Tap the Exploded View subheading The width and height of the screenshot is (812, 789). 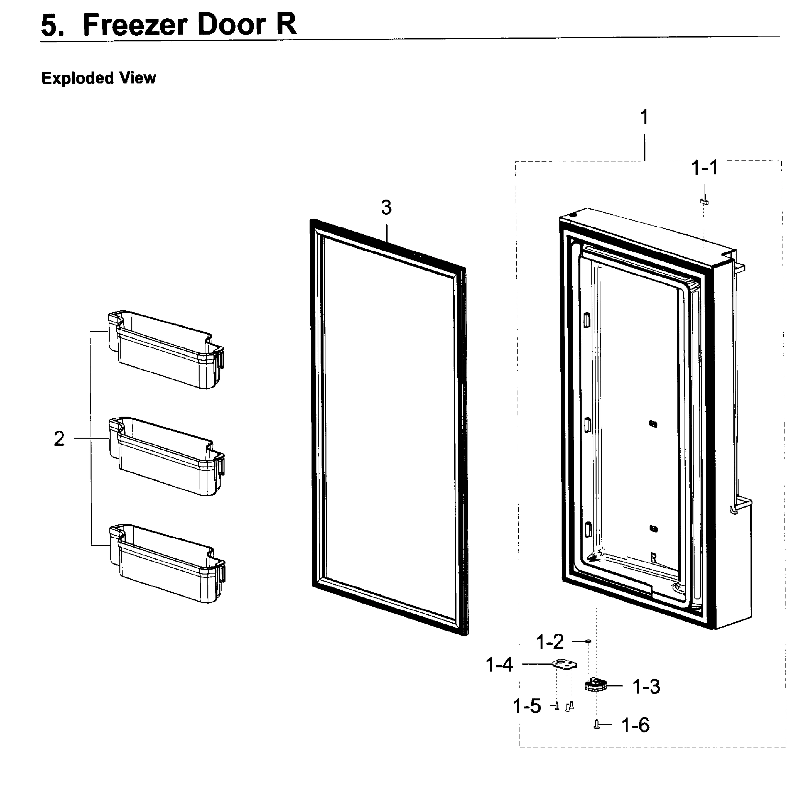click(99, 78)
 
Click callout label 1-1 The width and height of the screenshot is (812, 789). click(705, 168)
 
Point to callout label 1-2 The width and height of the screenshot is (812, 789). click(550, 642)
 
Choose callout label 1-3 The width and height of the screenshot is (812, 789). click(646, 687)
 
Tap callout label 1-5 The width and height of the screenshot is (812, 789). click(527, 706)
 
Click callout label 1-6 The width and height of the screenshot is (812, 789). click(635, 725)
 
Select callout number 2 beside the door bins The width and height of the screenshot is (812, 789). click(59, 439)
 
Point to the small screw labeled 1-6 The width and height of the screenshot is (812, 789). click(597, 724)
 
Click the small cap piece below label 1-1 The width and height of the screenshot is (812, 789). click(704, 202)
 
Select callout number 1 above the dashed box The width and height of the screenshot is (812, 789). click(644, 117)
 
